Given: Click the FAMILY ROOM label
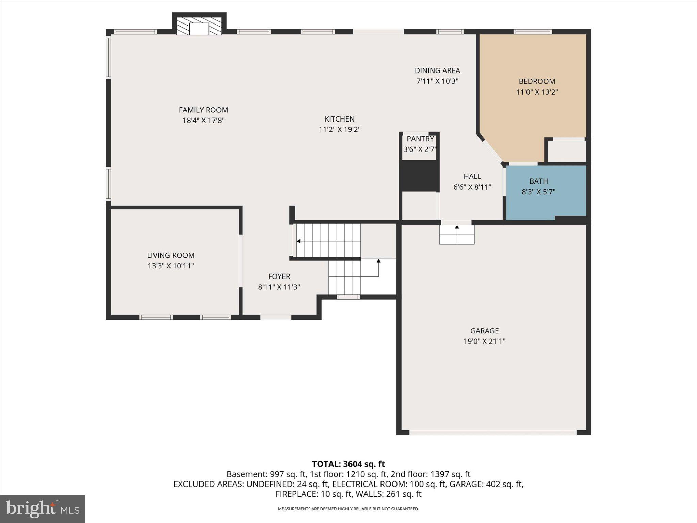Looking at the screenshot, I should (x=203, y=110).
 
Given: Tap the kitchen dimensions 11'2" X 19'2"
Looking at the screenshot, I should (x=339, y=130).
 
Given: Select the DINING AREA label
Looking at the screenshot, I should (x=437, y=71).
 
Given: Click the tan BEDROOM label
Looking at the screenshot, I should (x=537, y=81).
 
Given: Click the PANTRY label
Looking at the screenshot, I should (x=420, y=139).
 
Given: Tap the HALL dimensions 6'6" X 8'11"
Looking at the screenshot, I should (x=472, y=187).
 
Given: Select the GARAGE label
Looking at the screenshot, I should (x=484, y=331).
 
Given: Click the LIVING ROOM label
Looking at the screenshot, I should (x=171, y=255).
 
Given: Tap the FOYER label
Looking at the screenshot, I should (x=279, y=276).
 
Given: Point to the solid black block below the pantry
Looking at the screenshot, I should (x=419, y=176).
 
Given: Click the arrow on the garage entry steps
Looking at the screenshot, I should (x=457, y=227).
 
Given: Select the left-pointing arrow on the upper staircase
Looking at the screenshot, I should (x=299, y=241).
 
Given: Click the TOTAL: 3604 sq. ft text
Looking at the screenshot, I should (x=348, y=464).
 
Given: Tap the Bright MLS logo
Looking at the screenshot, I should (x=42, y=509).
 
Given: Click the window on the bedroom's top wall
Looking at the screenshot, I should (x=533, y=32).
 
